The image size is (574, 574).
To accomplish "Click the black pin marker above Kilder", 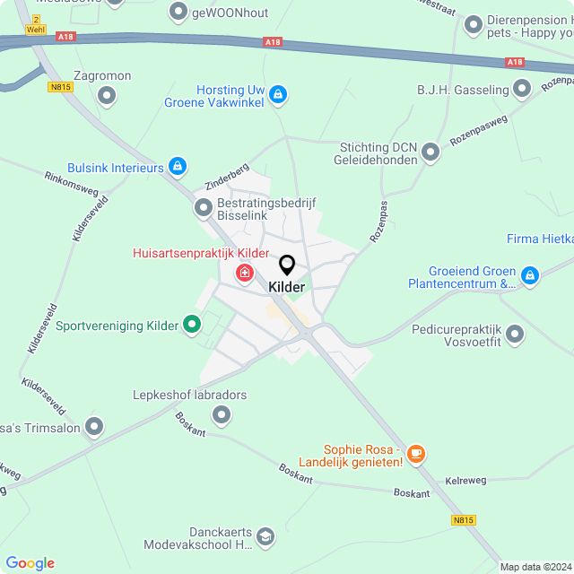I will [x=287, y=265].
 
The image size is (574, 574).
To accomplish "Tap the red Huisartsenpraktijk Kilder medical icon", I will [x=244, y=273].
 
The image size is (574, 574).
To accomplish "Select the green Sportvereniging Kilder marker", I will [x=191, y=325].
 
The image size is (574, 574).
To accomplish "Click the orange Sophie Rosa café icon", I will [x=414, y=454].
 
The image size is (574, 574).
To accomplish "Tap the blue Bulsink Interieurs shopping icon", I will [x=178, y=167].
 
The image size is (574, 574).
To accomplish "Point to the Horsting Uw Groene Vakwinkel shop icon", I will [x=278, y=94].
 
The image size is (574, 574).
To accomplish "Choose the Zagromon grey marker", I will [x=108, y=94].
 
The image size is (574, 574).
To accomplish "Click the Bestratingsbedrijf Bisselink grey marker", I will [x=204, y=208].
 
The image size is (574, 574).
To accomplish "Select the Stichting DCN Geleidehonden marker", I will [x=431, y=152].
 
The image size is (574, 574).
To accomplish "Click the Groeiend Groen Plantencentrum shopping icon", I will [x=530, y=276].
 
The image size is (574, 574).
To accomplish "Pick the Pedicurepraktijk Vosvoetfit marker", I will [x=515, y=335].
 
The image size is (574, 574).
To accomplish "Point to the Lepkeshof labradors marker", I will [x=222, y=413].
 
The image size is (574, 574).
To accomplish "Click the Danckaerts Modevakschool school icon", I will [x=265, y=536].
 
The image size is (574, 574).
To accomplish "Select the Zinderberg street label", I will [x=226, y=178].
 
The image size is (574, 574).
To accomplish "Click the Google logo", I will [x=30, y=563].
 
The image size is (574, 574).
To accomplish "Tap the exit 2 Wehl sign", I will [x=35, y=24].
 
